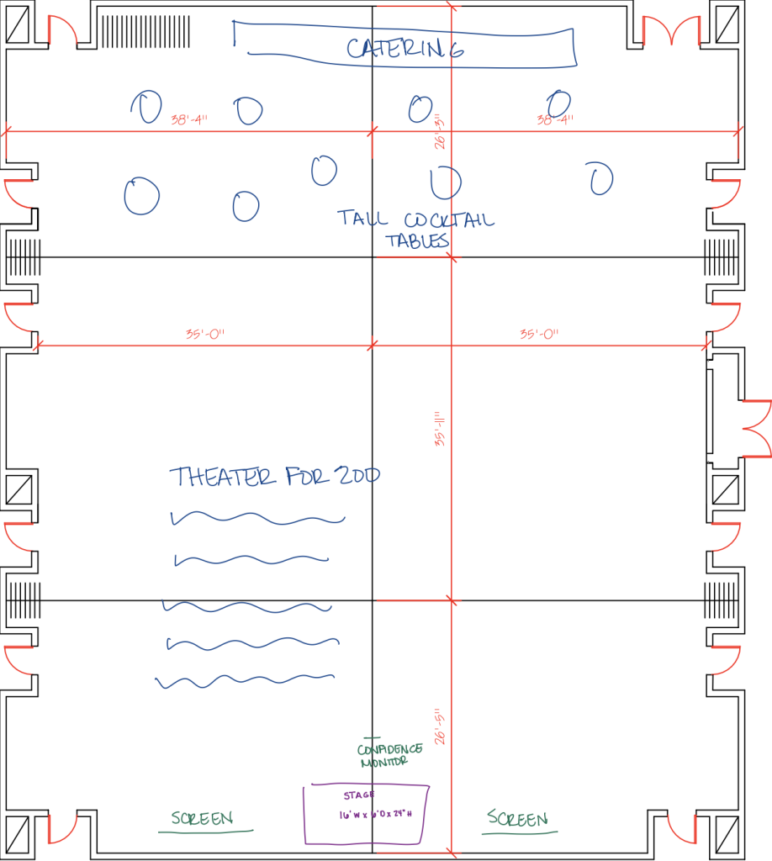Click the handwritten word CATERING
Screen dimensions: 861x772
405,48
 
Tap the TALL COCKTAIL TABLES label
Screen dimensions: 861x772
416,230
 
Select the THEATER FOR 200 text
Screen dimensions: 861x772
274,477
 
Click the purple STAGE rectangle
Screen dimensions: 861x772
367,814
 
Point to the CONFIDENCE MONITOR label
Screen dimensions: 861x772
389,755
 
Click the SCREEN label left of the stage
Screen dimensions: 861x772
202,818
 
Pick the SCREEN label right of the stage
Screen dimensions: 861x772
518,818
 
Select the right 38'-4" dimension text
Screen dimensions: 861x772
555,119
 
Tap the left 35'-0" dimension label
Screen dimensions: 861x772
205,334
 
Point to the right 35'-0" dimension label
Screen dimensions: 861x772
539,334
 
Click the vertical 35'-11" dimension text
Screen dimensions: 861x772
439,429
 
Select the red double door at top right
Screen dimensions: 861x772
671,32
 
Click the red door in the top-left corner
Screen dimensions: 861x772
61,32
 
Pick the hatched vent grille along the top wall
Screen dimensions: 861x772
148,32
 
